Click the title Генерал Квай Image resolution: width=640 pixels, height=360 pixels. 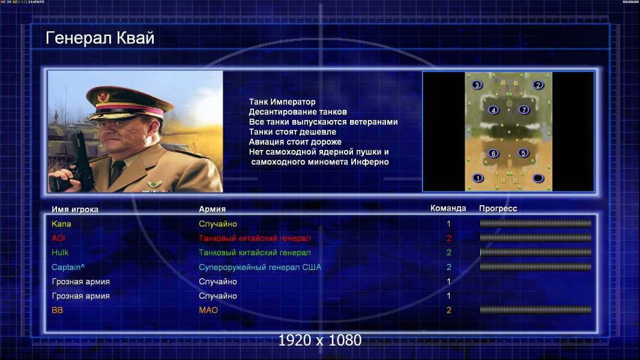tap(100, 38)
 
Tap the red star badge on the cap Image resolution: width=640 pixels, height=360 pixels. tap(103, 97)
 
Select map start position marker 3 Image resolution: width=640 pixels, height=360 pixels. tap(477, 85)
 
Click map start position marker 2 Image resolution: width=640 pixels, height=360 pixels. tap(538, 85)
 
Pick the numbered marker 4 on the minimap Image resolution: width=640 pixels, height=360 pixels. tap(494, 110)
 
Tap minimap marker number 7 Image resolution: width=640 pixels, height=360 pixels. tap(524, 110)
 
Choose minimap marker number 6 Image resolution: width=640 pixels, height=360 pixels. tap(494, 154)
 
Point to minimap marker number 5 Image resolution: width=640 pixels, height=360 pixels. tap(524, 153)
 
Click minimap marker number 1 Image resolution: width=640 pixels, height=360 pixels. tap(478, 178)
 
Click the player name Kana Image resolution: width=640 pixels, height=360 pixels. tap(61, 224)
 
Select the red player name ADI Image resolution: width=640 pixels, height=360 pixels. tap(58, 238)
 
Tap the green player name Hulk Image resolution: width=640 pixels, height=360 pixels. tap(60, 253)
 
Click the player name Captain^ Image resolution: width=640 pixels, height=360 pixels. tap(68, 268)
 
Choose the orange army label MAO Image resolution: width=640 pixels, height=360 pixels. tap(208, 310)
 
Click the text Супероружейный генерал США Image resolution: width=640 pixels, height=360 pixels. tap(260, 268)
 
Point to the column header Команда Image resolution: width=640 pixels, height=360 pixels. tap(448, 208)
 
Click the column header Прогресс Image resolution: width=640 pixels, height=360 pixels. tap(498, 209)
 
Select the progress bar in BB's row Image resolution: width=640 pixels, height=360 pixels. tap(536, 310)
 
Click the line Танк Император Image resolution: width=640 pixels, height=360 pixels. tap(282, 102)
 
